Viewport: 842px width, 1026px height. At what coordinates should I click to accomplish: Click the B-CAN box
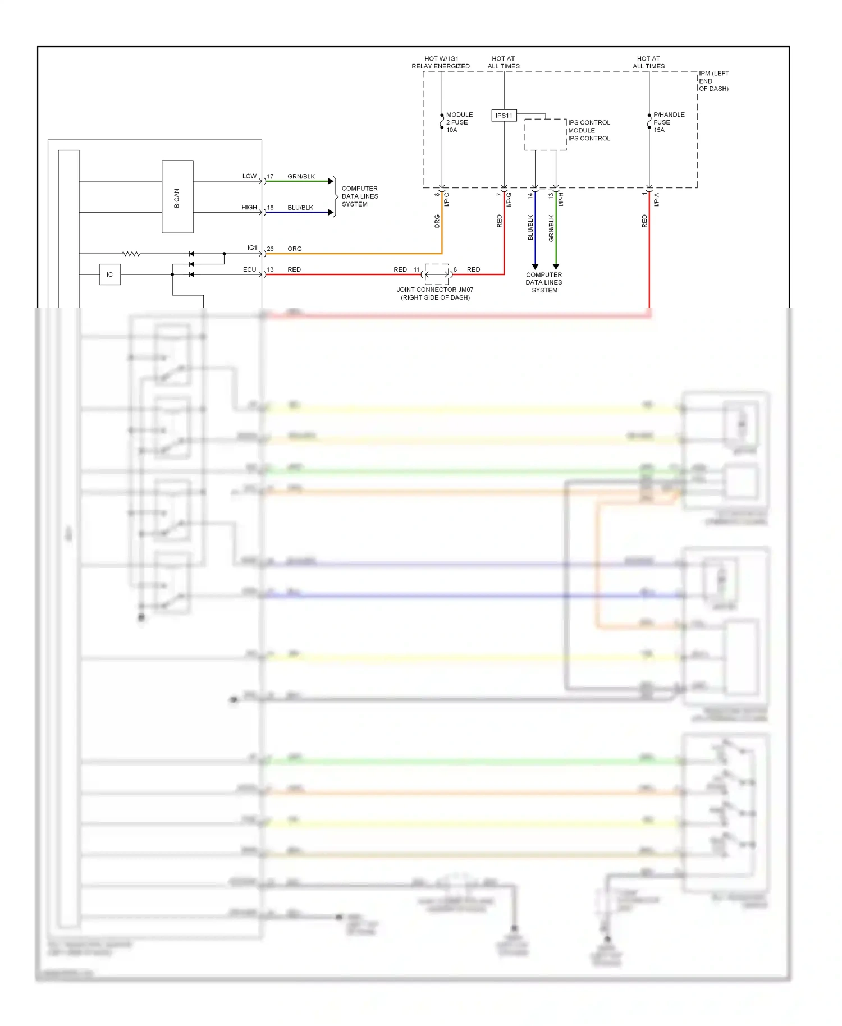pos(177,197)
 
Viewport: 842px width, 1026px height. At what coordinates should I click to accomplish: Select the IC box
pos(110,274)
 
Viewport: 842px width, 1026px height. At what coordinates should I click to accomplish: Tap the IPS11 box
pos(504,116)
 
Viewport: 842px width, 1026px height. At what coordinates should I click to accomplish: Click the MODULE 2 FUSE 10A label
pos(459,122)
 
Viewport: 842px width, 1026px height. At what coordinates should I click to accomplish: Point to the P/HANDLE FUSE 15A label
pos(668,122)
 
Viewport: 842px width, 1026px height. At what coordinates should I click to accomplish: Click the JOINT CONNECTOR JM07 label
pos(435,294)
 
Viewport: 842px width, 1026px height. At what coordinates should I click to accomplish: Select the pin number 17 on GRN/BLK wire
pos(270,176)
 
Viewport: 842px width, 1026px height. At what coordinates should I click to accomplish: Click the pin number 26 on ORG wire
pos(270,249)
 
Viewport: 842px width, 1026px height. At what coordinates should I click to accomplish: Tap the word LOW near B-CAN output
pos(249,176)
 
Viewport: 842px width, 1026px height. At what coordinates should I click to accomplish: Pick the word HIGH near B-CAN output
pos(249,207)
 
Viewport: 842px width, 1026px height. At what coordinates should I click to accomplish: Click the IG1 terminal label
pos(252,248)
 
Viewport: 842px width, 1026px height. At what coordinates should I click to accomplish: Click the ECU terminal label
pos(249,269)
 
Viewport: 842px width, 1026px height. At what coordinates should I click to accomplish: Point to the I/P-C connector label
pos(447,199)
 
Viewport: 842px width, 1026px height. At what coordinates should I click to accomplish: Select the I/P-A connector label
pos(656,199)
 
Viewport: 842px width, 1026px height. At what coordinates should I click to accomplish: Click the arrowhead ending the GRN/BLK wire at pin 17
pos(331,181)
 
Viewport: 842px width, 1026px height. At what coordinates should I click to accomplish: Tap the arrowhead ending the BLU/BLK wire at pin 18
pos(331,212)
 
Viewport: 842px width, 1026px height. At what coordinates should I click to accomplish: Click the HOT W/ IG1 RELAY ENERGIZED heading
pos(441,62)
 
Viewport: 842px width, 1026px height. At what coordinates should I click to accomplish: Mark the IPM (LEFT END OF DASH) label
pos(713,81)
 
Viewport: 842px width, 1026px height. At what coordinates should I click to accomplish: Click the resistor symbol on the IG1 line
pos(131,254)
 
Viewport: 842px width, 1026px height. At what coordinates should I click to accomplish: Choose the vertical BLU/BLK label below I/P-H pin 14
pos(530,227)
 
